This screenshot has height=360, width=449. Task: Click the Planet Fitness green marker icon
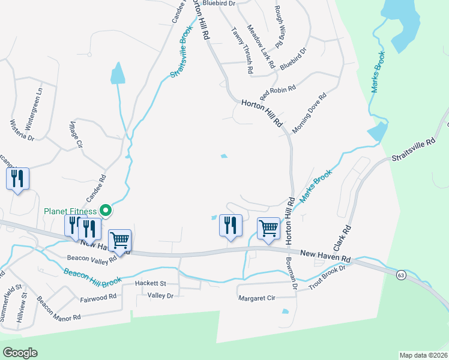(x=106, y=210)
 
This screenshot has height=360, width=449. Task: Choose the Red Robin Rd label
(x=278, y=92)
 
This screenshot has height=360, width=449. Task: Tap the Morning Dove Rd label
(x=309, y=113)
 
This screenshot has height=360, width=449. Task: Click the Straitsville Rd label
(x=412, y=150)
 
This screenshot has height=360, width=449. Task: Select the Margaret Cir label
(x=256, y=298)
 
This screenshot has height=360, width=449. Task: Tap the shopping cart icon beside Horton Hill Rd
(x=268, y=229)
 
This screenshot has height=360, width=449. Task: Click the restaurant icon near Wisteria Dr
(x=17, y=179)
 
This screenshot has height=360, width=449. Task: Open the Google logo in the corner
(x=20, y=353)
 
